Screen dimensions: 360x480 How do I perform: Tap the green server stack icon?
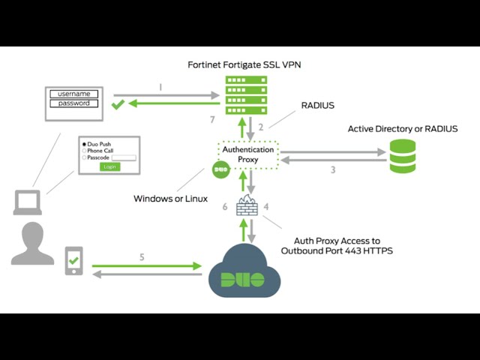click(x=246, y=95)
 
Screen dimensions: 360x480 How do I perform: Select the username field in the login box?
click(x=74, y=94)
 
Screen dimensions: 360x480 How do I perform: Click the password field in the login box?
click(x=74, y=103)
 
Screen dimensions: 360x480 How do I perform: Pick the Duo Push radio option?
click(x=85, y=143)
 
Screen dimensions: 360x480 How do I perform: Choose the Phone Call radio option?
click(x=85, y=150)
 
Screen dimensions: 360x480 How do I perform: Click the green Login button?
click(x=110, y=166)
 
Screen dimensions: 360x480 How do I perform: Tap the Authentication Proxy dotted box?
click(x=247, y=154)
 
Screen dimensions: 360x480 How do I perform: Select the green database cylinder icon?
click(x=402, y=156)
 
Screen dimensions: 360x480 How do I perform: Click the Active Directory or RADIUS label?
click(x=402, y=129)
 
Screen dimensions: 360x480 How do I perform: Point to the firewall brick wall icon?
click(x=247, y=205)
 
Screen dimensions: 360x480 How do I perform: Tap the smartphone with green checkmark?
click(x=73, y=261)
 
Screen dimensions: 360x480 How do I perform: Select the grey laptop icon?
click(x=28, y=202)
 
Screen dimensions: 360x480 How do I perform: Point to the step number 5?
click(x=142, y=257)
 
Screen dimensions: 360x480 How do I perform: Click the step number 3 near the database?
click(x=333, y=170)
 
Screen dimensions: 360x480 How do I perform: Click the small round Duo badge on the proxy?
click(x=220, y=170)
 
